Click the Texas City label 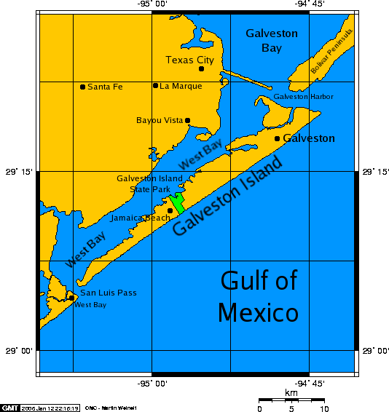(189, 60)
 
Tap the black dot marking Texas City (202, 69)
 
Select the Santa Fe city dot (82, 87)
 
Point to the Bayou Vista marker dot (187, 121)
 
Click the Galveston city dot (277, 138)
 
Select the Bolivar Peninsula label (331, 51)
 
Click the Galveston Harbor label (303, 97)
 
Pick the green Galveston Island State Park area (176, 202)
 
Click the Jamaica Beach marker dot (170, 210)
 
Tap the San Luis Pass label (108, 293)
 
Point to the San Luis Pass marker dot (71, 297)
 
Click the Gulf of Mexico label (258, 296)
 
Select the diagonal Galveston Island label (227, 197)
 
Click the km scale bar (291, 400)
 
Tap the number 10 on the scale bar (324, 408)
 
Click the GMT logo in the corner (9, 407)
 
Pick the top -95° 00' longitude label (152, 4)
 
